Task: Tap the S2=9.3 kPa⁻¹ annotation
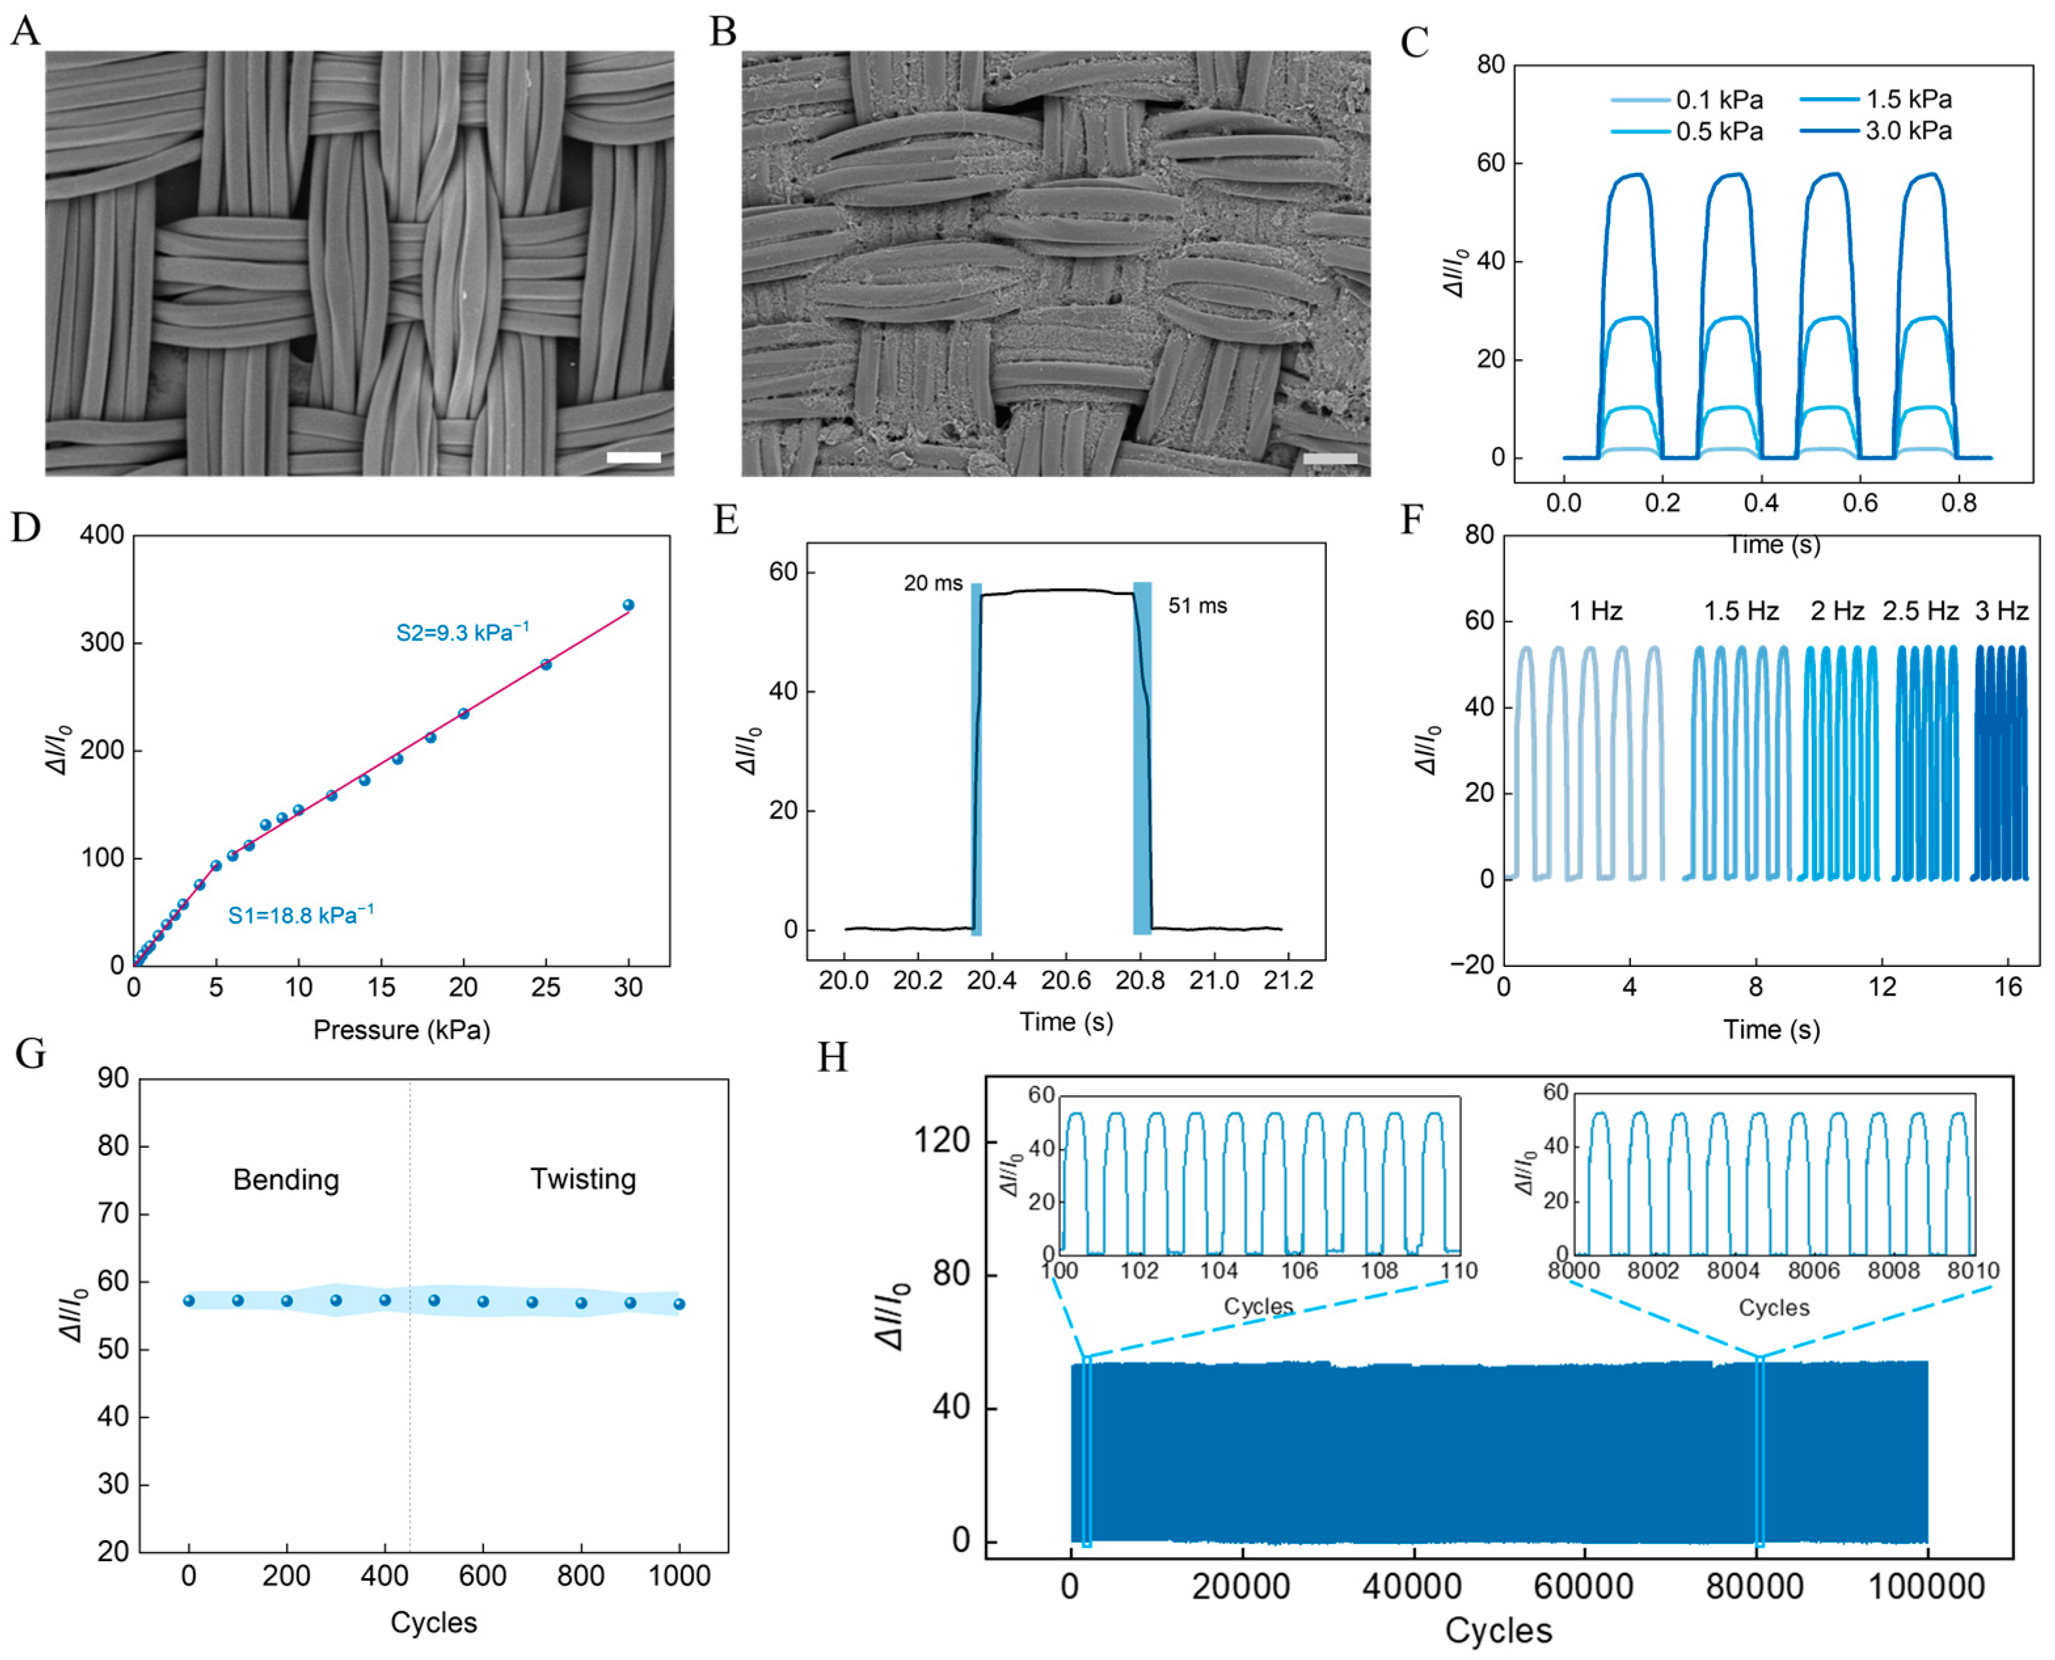(x=462, y=632)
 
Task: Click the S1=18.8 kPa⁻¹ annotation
(x=300, y=915)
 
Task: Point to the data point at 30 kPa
(x=628, y=605)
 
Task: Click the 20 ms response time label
(x=932, y=583)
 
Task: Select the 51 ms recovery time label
(x=1197, y=606)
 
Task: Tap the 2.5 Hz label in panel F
(x=1919, y=611)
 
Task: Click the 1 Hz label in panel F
(x=1595, y=611)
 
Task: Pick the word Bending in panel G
(x=286, y=1180)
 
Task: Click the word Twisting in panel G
(x=583, y=1179)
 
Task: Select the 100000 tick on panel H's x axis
(x=1926, y=1589)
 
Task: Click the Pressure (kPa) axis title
(x=402, y=1030)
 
